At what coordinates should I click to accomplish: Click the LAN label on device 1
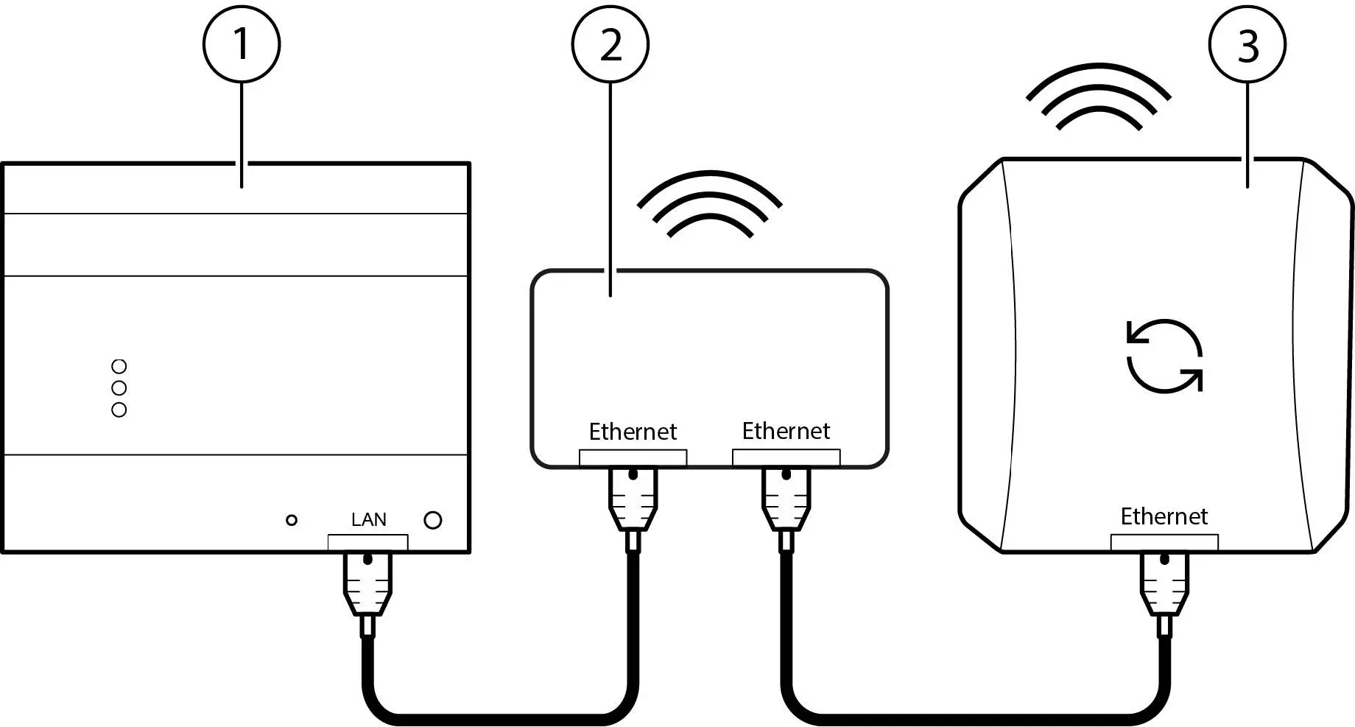click(x=368, y=520)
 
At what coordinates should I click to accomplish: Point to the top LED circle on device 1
click(x=119, y=366)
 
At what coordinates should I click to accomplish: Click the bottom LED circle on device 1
click(x=119, y=410)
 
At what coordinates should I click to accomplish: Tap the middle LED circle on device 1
click(x=119, y=387)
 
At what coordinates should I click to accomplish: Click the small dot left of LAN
click(x=292, y=520)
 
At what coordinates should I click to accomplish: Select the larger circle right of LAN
click(x=433, y=520)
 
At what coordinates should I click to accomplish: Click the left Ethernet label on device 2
click(x=633, y=432)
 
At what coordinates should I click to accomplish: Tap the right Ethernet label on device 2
click(x=786, y=431)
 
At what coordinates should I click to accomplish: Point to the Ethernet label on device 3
click(x=1164, y=516)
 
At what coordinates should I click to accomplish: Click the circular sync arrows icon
click(x=1164, y=356)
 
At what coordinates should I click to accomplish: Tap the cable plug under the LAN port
click(x=367, y=586)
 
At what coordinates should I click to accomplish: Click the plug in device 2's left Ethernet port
click(x=633, y=501)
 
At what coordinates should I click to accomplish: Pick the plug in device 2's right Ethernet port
click(x=786, y=501)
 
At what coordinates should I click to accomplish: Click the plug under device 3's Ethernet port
click(x=1164, y=586)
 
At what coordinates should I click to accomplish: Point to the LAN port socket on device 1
click(x=367, y=543)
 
